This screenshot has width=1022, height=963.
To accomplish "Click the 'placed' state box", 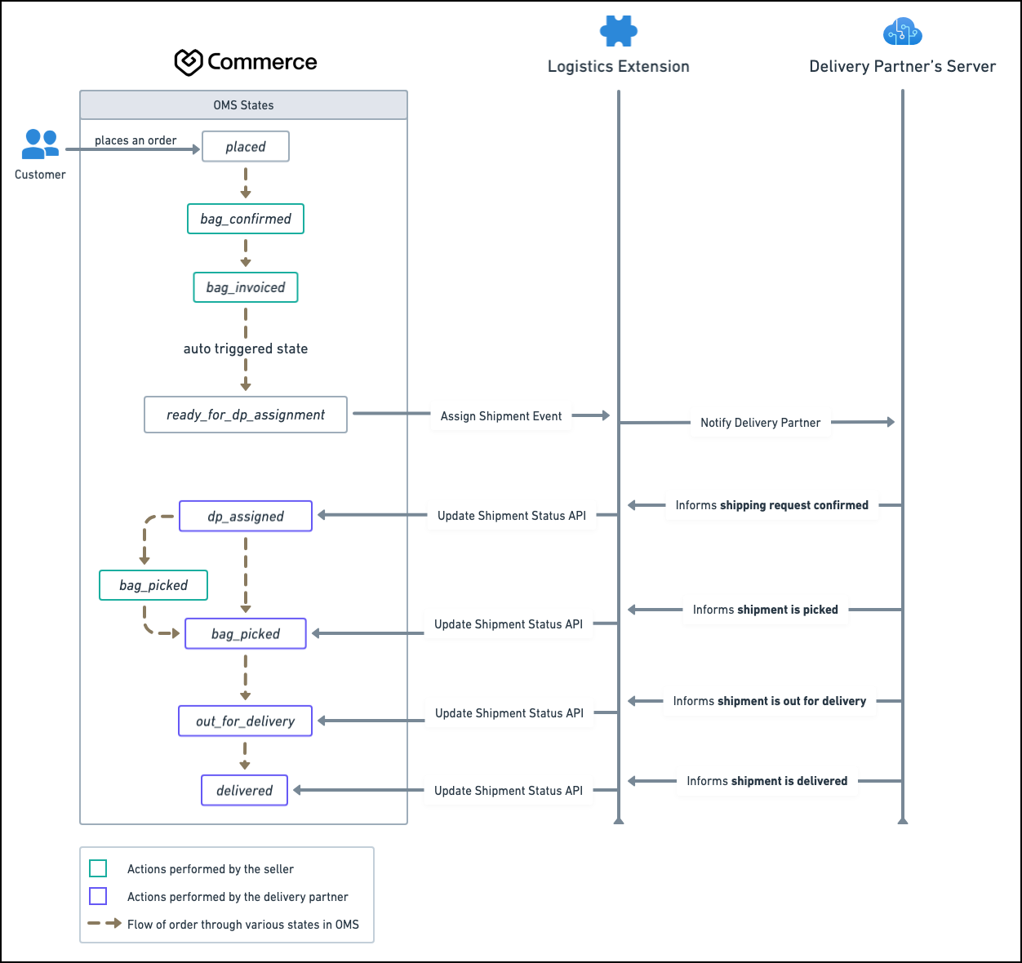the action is [246, 147].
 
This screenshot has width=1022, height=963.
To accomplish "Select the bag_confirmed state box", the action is [246, 219].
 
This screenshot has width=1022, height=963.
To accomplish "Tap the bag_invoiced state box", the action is [246, 287].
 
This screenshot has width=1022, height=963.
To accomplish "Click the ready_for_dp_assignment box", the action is [246, 415].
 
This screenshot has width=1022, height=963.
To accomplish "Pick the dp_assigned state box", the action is [246, 516].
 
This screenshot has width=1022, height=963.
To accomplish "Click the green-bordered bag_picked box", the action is [153, 585].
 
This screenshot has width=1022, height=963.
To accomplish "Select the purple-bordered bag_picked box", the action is [246, 633].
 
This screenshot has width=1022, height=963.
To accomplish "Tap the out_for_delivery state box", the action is [245, 721].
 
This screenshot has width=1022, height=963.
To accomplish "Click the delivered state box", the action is [244, 790].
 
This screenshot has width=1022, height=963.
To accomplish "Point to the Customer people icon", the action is [40, 144].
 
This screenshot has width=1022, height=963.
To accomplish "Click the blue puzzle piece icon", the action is [619, 31].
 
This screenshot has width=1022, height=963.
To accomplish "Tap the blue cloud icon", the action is [903, 31].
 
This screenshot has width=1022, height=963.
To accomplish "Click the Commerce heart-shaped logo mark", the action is [189, 62].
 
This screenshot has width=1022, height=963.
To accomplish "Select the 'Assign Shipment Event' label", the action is [500, 416].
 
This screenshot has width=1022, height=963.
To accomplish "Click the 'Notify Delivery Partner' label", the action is [760, 423].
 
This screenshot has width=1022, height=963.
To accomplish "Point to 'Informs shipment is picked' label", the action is [765, 610].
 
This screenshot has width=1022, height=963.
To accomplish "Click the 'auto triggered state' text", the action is [246, 348].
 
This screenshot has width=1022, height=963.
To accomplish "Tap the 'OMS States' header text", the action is [243, 105].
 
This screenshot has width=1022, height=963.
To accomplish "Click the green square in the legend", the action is [98, 868].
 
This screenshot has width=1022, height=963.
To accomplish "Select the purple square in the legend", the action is [98, 896].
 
